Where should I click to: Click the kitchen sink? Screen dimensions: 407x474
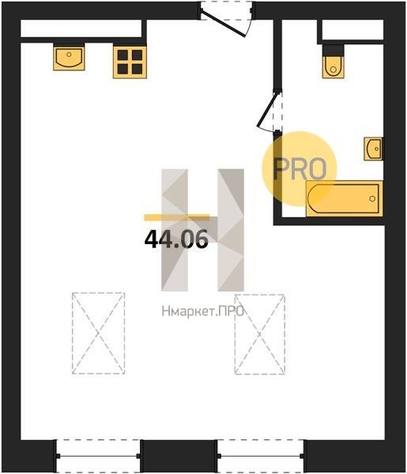(x=69, y=58)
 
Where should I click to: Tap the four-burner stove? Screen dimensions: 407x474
(x=130, y=62)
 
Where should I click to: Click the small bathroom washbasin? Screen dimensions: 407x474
(x=373, y=149)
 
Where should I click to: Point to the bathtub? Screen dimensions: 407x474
(x=345, y=198)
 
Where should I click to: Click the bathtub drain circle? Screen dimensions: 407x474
(x=372, y=198)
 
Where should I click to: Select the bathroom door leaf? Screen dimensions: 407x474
(x=266, y=110)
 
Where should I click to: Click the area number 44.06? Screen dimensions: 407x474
(x=176, y=239)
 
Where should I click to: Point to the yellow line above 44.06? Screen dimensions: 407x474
(x=177, y=217)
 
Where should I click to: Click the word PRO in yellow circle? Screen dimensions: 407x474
(x=300, y=169)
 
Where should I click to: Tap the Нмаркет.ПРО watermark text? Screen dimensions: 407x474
(x=203, y=311)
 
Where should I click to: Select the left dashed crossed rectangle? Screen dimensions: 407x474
(x=99, y=333)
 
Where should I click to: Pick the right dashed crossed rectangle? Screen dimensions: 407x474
(x=260, y=334)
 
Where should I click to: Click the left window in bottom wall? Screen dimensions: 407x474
(x=98, y=456)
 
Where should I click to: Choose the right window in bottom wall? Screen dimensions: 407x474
(x=261, y=456)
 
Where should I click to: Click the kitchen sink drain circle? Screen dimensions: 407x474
(x=69, y=55)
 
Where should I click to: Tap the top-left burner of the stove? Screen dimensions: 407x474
(x=122, y=55)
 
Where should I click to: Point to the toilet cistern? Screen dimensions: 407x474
(x=333, y=50)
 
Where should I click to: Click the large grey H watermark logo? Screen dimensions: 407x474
(x=202, y=230)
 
